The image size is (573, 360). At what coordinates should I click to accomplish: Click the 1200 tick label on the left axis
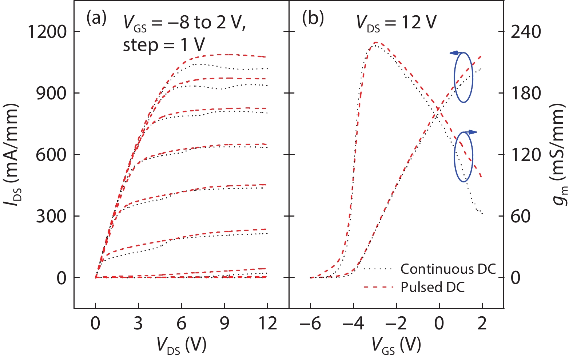[x=48, y=32]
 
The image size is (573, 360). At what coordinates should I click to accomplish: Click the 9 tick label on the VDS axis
[x=224, y=323]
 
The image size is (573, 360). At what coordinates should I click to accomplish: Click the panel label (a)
[x=96, y=18]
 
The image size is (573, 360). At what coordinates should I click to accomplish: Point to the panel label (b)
[x=313, y=18]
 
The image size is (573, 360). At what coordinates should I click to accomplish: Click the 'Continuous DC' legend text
[x=448, y=269]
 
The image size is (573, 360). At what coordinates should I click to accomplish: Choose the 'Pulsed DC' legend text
[x=433, y=288]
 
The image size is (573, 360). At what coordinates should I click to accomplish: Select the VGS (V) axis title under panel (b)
[x=396, y=345]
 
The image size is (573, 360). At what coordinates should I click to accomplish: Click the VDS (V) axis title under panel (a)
[x=182, y=345]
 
